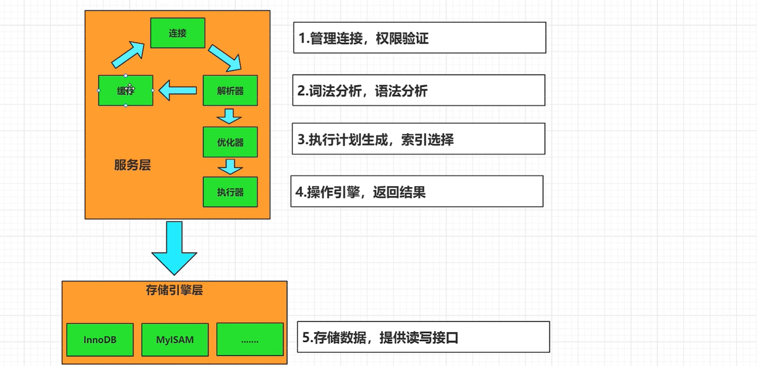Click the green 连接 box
pos(178,33)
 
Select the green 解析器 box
pos(230,90)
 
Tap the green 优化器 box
pos(230,142)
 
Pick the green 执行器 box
pos(230,192)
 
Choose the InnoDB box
pos(100,340)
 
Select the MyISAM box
pos(175,340)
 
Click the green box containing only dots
pos(250,340)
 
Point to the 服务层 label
pos(132,165)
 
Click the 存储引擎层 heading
pos(174,290)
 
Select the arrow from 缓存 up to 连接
pos(128,54)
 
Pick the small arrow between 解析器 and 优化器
pos(229,116)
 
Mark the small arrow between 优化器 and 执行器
pos(230,166)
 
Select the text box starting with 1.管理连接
pos(420,37)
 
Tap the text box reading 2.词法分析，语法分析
pos(419,90)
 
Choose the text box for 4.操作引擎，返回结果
pos(417,191)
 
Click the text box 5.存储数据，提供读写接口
pos(423,337)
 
